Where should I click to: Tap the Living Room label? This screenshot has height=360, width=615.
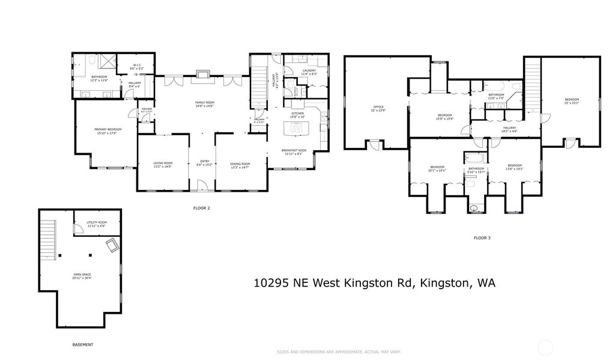pyautogui.click(x=163, y=164)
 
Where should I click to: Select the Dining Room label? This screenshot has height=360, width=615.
pyautogui.click(x=240, y=164)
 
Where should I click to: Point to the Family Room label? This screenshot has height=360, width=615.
pyautogui.click(x=204, y=104)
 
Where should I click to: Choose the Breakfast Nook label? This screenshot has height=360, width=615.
pyautogui.click(x=294, y=151)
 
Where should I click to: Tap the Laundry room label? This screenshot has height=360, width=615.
pyautogui.click(x=309, y=72)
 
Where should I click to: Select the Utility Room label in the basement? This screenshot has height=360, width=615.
pyautogui.click(x=96, y=224)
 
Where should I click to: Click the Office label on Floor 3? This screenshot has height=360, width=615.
pyautogui.click(x=378, y=108)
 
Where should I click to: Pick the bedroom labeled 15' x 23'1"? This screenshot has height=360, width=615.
pyautogui.click(x=572, y=100)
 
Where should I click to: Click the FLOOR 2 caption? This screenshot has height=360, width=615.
pyautogui.click(x=201, y=209)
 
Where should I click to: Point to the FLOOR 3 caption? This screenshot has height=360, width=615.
pyautogui.click(x=482, y=238)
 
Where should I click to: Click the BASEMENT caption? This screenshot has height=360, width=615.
pyautogui.click(x=83, y=344)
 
